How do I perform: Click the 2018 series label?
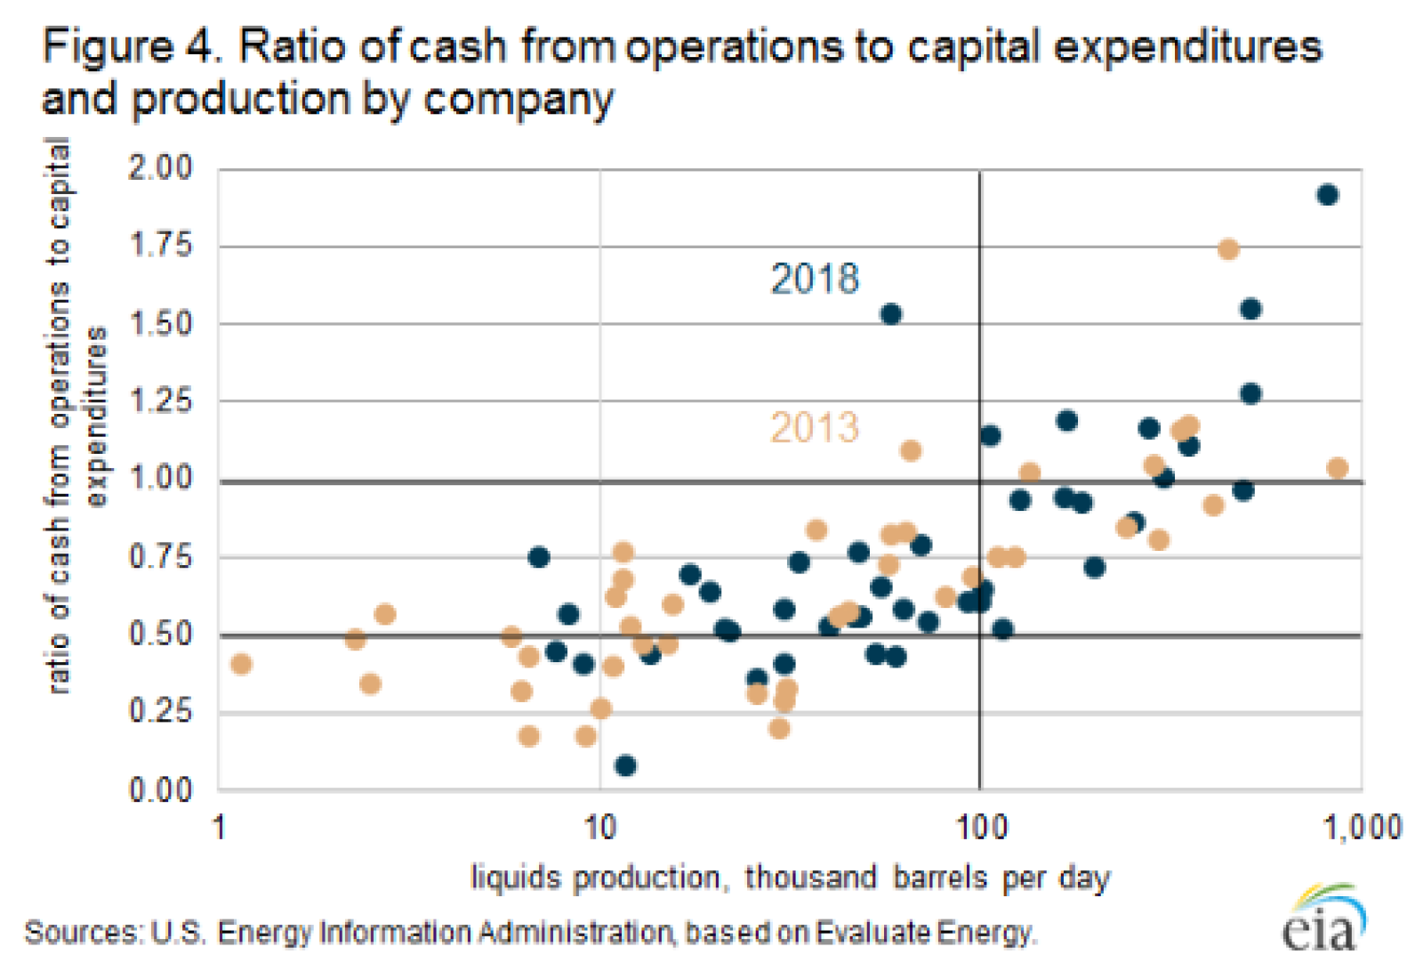coord(815,279)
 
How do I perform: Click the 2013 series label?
coord(815,428)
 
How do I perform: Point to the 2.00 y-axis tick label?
coord(160,167)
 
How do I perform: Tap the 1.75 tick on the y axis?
coord(160,245)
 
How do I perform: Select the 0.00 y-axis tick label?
coord(160,789)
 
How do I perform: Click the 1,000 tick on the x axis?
coord(1362,829)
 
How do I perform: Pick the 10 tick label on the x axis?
coord(600,829)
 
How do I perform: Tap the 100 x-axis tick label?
coord(981,829)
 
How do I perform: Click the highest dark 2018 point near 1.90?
coord(1327,195)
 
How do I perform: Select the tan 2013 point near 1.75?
coord(1228,249)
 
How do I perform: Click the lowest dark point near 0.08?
coord(625,765)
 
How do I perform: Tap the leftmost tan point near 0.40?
coord(241,664)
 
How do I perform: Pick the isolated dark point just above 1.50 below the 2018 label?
coord(890,314)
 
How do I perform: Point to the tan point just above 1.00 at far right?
coord(1337,468)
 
